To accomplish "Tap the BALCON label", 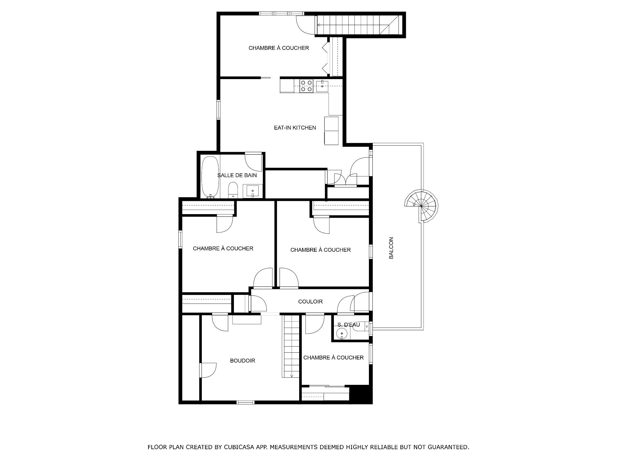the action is (391, 248).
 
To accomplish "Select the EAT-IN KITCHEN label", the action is (295, 128).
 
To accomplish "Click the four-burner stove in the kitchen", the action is (306, 86).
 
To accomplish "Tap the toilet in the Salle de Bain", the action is (232, 190).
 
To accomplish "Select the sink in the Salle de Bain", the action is (253, 191).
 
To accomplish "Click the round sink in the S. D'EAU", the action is (342, 334).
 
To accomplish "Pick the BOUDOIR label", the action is (243, 361).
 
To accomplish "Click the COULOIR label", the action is (310, 302).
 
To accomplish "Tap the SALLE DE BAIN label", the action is (237, 175).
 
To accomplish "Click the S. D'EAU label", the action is (349, 325).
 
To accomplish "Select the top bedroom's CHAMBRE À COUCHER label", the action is (279, 48).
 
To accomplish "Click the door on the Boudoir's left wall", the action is (208, 371).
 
